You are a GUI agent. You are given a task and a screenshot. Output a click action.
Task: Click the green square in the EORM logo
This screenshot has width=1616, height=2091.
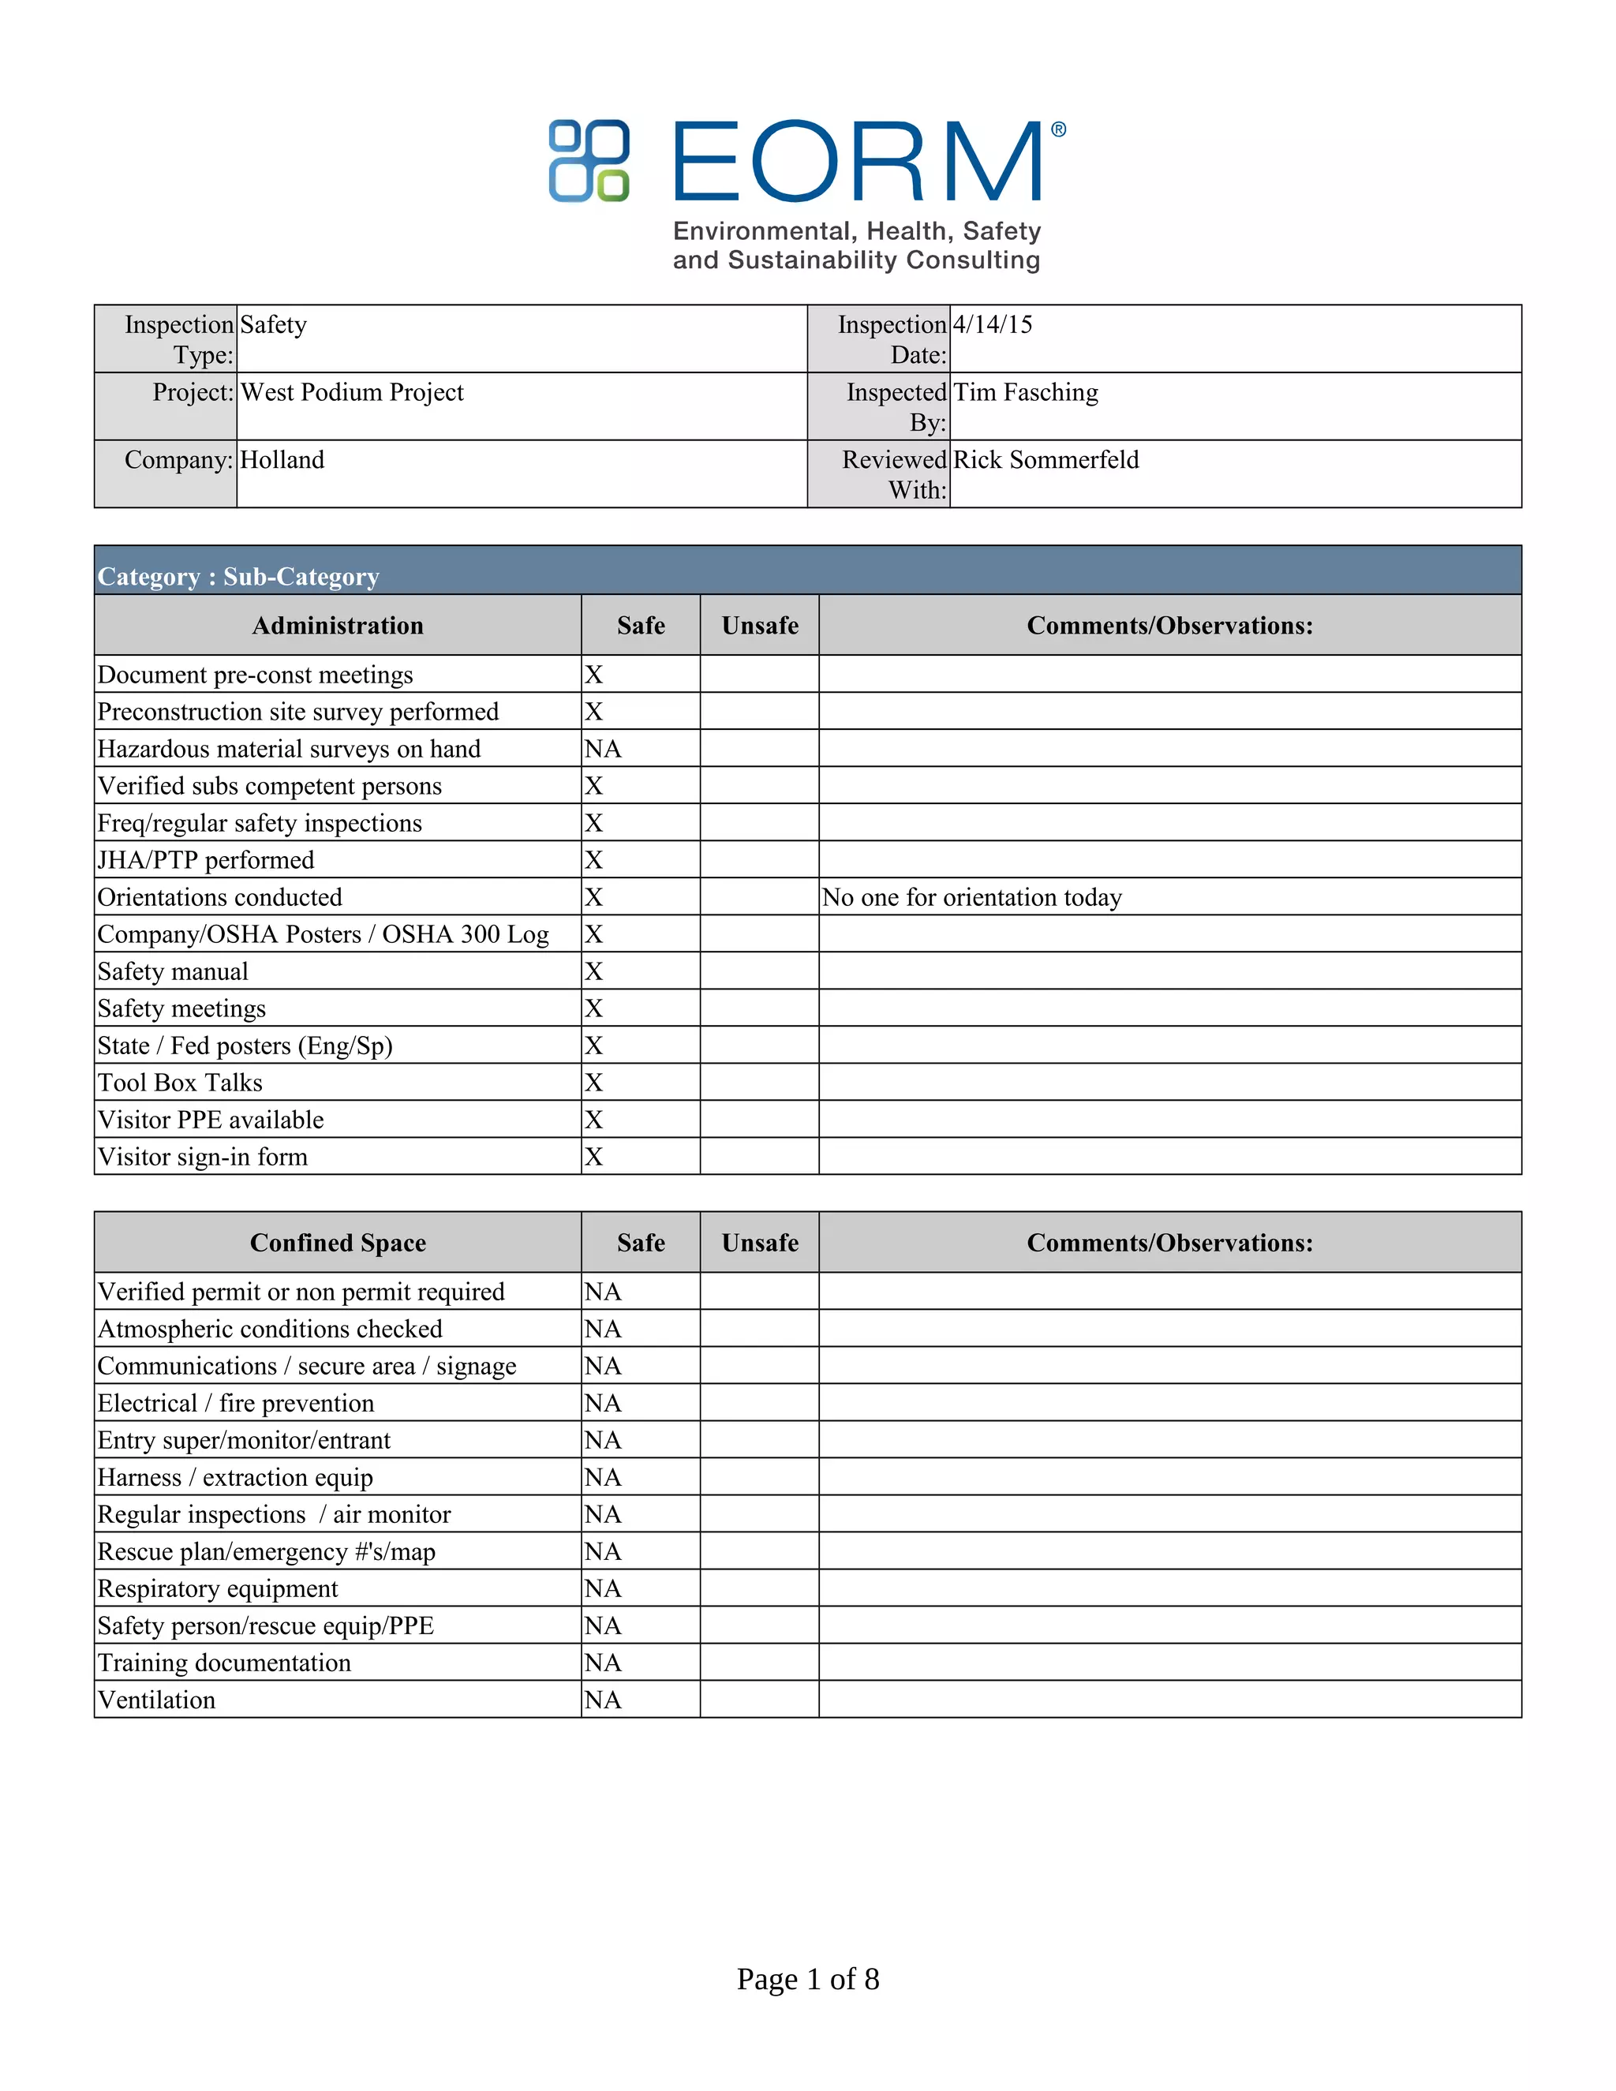612,185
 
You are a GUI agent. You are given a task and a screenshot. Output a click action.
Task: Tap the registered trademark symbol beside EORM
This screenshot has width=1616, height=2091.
1058,130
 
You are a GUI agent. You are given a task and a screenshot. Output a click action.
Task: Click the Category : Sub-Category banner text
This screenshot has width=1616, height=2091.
238,576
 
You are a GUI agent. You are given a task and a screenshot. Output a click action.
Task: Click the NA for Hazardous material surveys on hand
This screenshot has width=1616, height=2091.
603,749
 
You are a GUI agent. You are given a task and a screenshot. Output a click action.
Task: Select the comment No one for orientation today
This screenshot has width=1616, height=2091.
971,897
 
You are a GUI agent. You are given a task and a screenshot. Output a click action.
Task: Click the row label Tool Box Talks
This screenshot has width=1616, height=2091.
180,1083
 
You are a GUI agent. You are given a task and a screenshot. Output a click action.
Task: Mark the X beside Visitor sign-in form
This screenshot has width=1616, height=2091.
593,1157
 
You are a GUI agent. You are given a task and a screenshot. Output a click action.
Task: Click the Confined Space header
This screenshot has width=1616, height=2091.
337,1243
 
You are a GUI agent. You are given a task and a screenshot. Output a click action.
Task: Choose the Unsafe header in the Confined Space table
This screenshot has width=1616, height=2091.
759,1243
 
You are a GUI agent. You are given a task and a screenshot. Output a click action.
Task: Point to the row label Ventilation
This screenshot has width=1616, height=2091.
157,1700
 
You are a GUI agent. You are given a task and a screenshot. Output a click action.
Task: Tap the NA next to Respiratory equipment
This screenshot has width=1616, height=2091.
603,1588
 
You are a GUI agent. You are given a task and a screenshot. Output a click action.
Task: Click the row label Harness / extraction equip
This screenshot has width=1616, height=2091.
235,1477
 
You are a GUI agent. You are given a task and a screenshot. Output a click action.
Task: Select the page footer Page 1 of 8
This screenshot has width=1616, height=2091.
807,1979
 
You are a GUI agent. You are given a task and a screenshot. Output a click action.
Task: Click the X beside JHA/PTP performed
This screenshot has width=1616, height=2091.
593,860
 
